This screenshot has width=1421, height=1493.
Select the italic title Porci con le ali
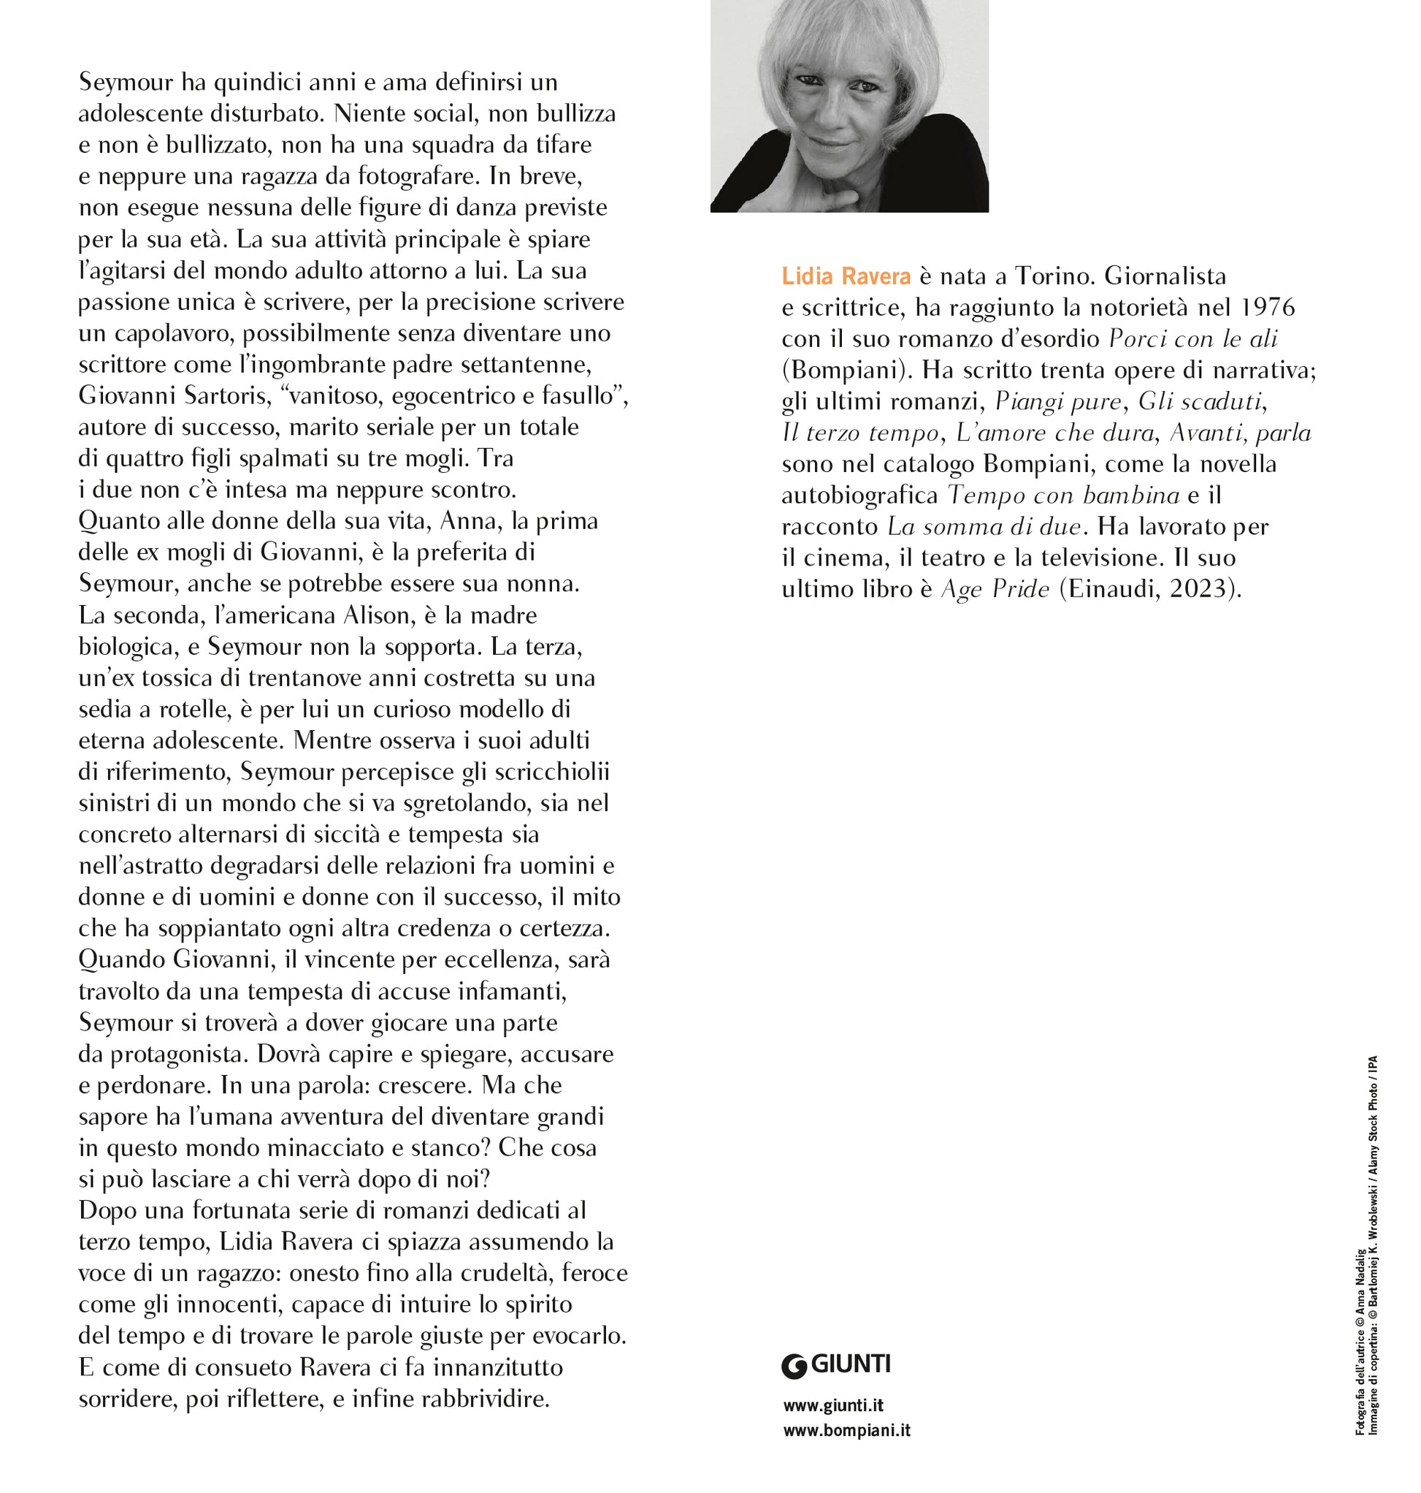coord(1193,339)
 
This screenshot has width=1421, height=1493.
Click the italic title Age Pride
coord(995,589)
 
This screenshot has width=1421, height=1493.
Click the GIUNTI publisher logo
coord(836,1365)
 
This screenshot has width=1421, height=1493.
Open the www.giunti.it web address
coord(833,1406)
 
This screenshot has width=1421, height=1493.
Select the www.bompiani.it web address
coord(846,1431)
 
